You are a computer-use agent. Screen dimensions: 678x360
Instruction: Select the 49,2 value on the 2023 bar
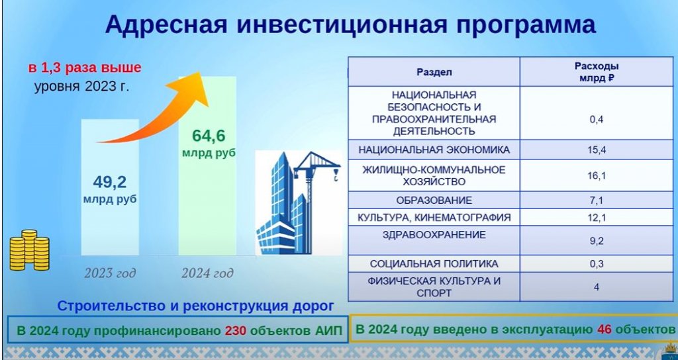point(110,183)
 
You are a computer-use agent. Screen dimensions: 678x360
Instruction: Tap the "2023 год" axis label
point(110,273)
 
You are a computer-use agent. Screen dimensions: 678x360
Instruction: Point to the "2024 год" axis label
point(207,273)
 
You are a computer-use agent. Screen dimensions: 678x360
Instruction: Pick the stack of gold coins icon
point(29,251)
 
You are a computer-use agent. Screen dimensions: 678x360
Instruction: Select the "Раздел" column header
point(434,72)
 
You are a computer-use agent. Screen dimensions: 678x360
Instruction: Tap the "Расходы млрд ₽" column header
point(597,72)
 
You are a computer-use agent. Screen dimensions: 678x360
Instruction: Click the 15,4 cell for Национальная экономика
point(597,150)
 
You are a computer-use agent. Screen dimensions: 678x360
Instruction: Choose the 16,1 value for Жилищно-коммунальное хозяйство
point(597,175)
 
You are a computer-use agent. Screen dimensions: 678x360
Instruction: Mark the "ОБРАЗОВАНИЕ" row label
point(434,201)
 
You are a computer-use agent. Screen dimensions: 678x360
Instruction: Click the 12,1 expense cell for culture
point(597,217)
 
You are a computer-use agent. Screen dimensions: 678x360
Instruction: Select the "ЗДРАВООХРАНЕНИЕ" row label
point(434,235)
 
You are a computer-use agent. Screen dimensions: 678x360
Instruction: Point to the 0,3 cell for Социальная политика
point(597,264)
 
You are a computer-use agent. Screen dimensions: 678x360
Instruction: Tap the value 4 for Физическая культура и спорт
point(597,287)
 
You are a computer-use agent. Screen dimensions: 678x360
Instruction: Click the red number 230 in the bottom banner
point(235,331)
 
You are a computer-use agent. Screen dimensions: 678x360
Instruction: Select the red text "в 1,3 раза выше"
point(85,68)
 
